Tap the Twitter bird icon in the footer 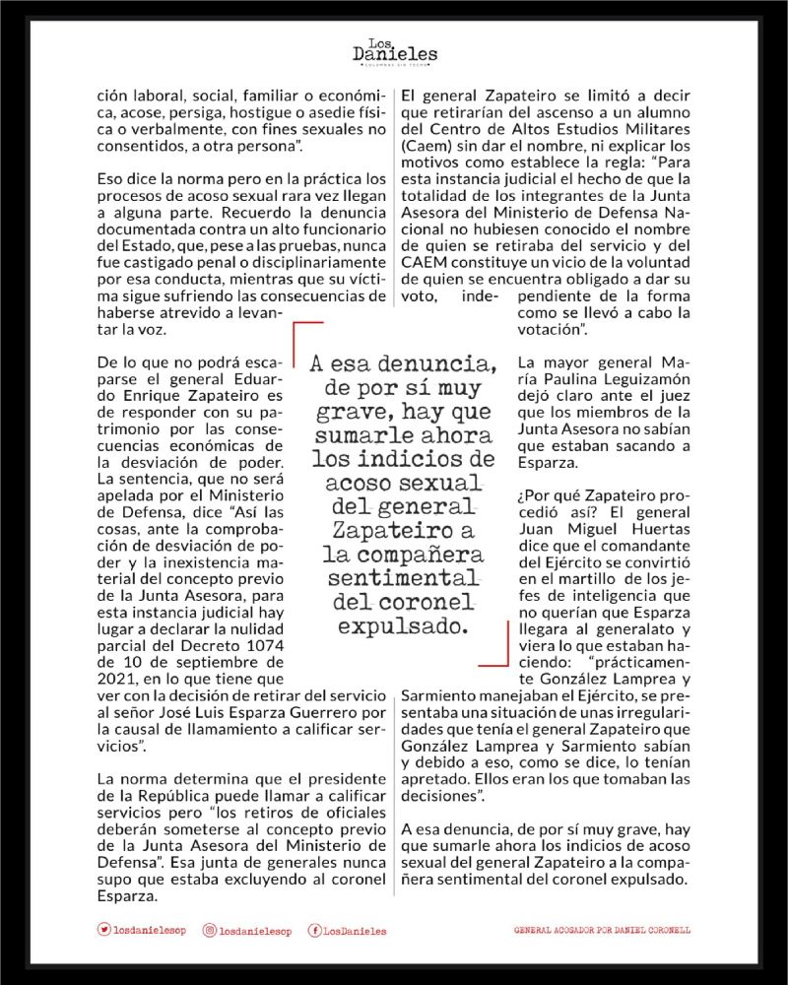tap(104, 930)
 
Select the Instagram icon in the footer tap(209, 930)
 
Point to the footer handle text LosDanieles tap(355, 930)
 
